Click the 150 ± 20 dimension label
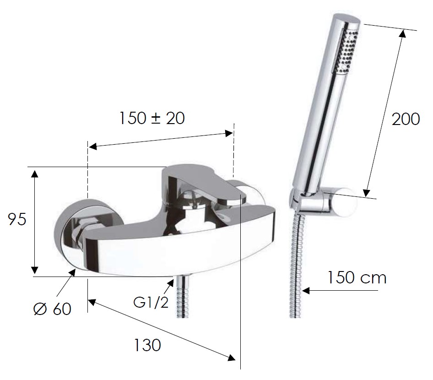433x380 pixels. pyautogui.click(x=152, y=118)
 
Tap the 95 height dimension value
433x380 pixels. pyautogui.click(x=17, y=219)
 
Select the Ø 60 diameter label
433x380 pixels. pyautogui.click(x=52, y=309)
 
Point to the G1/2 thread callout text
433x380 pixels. pyautogui.click(x=151, y=303)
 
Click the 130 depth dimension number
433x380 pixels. pyautogui.click(x=147, y=345)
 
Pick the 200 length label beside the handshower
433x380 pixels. pyautogui.click(x=406, y=119)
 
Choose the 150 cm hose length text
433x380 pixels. pyautogui.click(x=357, y=277)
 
